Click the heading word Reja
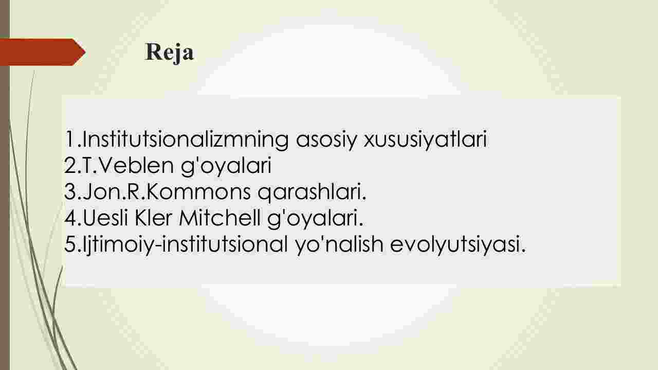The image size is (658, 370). pos(169,52)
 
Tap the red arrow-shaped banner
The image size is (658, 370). pos(43,52)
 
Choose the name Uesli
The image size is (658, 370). pos(105,218)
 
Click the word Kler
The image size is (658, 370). pos(153,218)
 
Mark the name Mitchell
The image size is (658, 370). pos(220,218)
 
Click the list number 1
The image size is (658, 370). pos(70,139)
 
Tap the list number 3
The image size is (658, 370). pos(70,192)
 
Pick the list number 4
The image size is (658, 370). pos(70,218)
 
